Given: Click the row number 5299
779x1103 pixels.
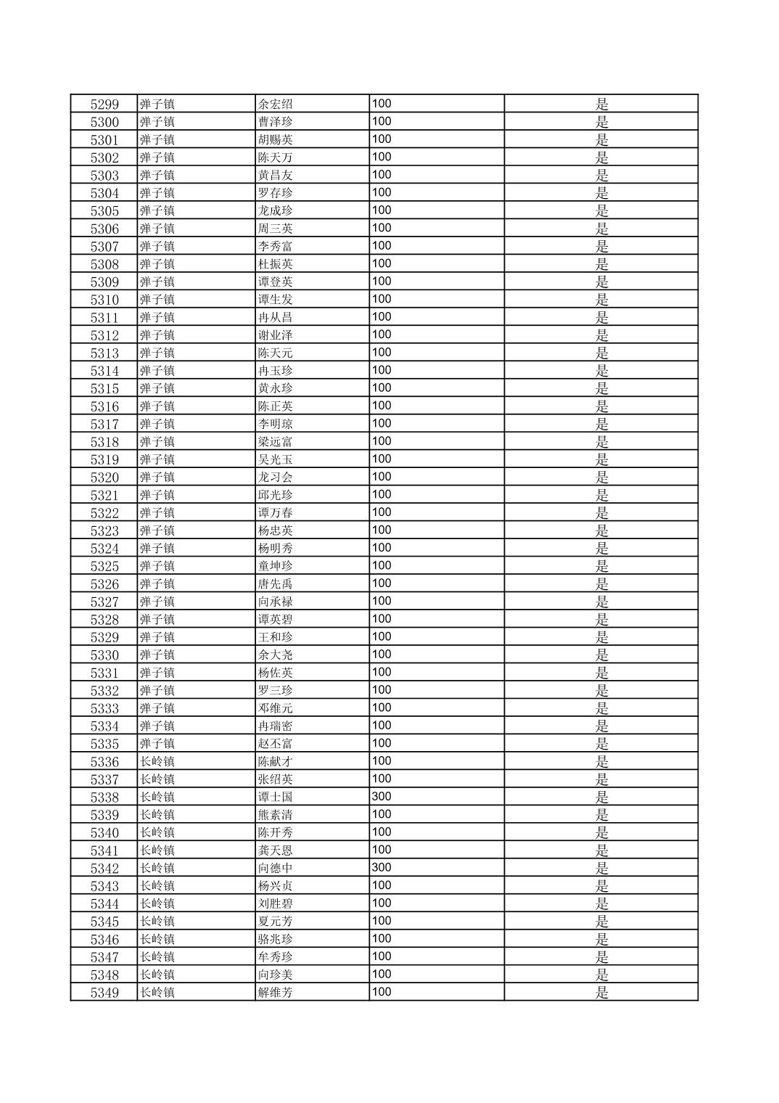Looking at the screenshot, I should pos(104,104).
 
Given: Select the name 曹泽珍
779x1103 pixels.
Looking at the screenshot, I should pos(276,122).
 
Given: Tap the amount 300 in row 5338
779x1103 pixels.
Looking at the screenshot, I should pos(382,797).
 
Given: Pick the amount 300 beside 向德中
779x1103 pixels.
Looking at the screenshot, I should pos(382,868).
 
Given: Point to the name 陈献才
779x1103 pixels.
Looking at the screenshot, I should pos(276,761).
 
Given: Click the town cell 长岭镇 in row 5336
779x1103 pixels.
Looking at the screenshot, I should pos(157,761).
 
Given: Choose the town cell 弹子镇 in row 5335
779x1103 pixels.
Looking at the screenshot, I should pos(157,744).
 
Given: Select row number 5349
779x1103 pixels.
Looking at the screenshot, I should pos(104,993).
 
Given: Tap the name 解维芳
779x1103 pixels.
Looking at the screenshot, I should pos(276,993).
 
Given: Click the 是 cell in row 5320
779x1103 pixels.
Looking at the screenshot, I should pos(602,477).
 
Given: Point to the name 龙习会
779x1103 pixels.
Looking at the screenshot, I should pos(276,477).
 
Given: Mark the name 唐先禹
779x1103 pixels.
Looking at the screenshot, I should pos(276,584).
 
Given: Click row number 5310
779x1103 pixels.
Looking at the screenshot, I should pos(104,300).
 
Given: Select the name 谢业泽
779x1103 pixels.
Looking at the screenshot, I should pos(276,335).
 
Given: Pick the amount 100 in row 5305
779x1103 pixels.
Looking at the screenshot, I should pos(382,210).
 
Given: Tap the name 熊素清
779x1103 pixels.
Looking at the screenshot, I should pos(276,815).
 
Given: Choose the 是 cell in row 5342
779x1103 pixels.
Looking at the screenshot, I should pos(602,868).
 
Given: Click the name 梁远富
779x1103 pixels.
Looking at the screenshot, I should pos(276,442).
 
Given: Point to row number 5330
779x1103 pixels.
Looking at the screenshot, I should pos(104,655).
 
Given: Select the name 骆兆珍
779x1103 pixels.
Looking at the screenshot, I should pos(276,939).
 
